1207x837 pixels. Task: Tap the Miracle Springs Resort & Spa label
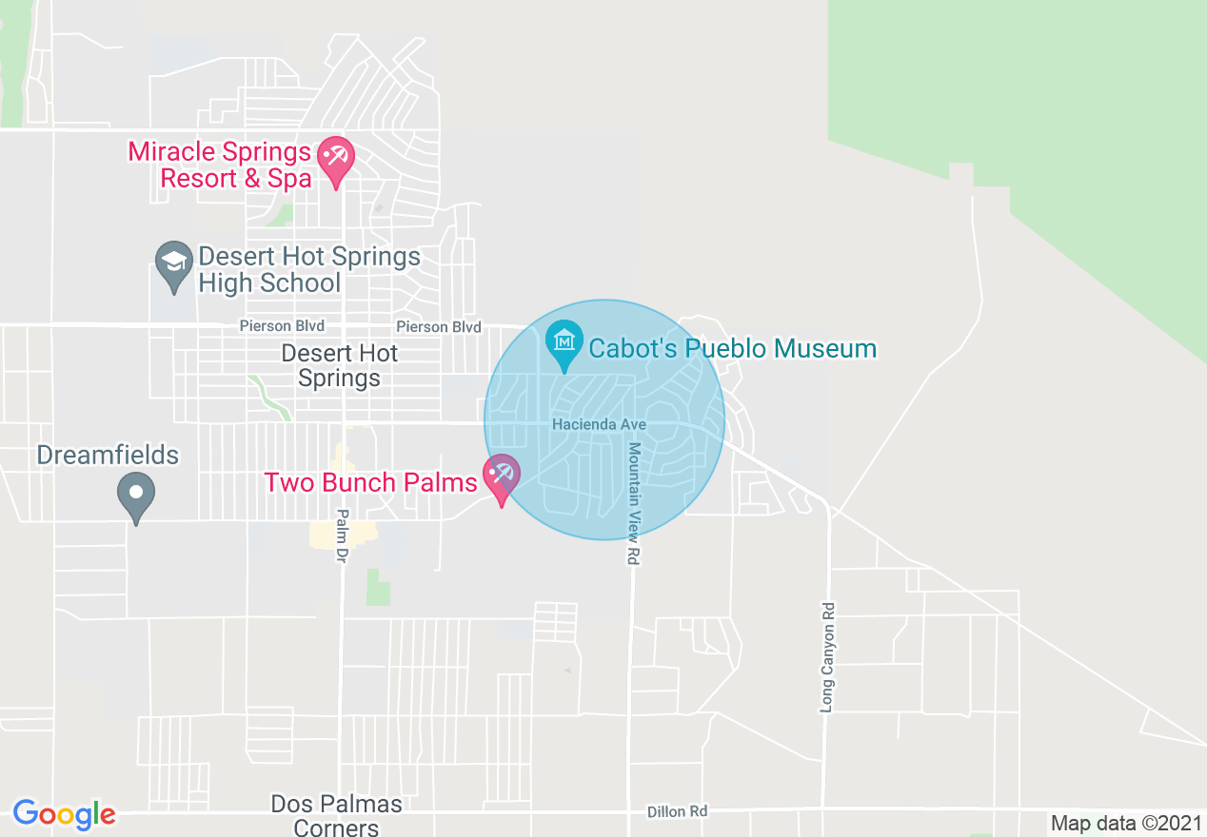(x=220, y=165)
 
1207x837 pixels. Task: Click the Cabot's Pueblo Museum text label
(x=732, y=348)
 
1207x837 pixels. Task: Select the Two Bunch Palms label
(x=370, y=482)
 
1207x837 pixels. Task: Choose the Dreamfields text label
(x=108, y=455)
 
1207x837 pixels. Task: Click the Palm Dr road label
(x=342, y=536)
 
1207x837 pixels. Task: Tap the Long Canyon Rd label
(x=826, y=656)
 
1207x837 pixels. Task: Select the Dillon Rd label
(x=677, y=811)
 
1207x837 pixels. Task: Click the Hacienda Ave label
(x=599, y=424)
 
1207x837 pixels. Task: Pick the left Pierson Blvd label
(x=282, y=326)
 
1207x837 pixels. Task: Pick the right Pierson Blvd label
(x=439, y=327)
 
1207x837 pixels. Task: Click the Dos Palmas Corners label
(x=336, y=816)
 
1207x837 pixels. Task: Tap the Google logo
(x=64, y=814)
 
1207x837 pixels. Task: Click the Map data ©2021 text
(x=1126, y=824)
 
